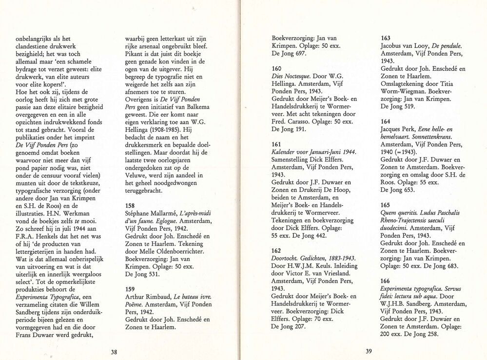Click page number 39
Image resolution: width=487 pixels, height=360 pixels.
[369, 351]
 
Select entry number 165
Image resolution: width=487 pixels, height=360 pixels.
[386, 205]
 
